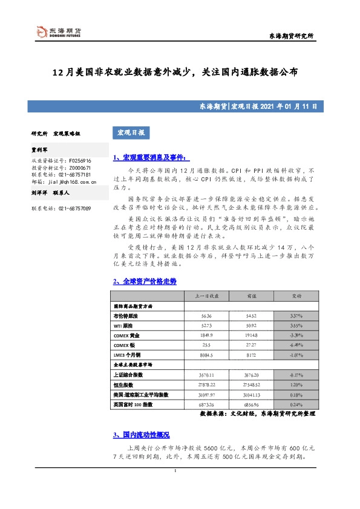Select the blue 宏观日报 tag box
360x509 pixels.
click(131, 132)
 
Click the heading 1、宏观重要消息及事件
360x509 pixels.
click(148, 158)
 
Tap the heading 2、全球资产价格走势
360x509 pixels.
click(145, 281)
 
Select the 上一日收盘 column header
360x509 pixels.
click(206, 296)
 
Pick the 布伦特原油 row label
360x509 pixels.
click(125, 316)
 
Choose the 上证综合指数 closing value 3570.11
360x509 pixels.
click(206, 375)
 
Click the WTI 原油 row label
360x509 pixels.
click(124, 325)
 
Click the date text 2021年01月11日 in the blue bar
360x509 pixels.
click(291, 106)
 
